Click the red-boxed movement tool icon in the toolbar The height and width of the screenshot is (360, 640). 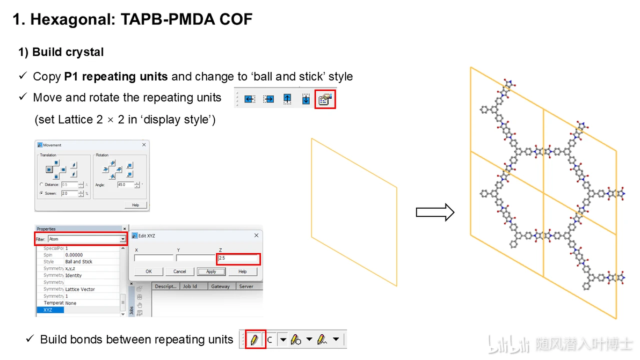325,99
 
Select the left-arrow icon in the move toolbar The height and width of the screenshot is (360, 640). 249,99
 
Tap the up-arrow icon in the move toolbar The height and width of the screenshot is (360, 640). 287,99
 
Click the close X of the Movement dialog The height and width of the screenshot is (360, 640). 144,145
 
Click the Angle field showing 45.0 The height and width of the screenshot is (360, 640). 125,185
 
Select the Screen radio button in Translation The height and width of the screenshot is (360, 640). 41,193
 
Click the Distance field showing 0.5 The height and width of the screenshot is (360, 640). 69,185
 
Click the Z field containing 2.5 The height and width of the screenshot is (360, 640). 238,259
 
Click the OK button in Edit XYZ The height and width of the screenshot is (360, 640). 149,271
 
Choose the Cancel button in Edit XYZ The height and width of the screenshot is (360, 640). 179,271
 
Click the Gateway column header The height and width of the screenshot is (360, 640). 220,286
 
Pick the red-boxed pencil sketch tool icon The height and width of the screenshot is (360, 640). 254,340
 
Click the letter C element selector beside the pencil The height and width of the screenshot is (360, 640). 270,340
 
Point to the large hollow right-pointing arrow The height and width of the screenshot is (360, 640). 435,213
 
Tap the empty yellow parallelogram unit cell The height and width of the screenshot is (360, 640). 354,212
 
